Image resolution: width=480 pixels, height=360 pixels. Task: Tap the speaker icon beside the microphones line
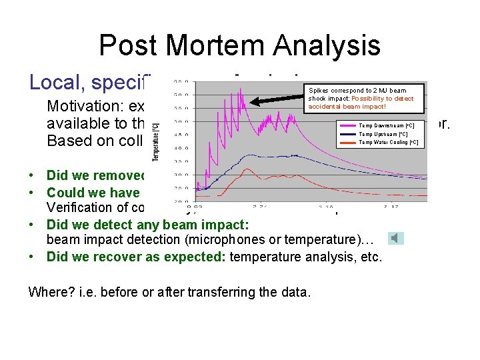pyautogui.click(x=397, y=238)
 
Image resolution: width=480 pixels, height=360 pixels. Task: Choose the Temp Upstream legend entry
pyautogui.click(x=383, y=134)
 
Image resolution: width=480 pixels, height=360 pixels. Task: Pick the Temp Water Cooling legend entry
pyautogui.click(x=388, y=142)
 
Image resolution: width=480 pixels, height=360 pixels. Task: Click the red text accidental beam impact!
pyautogui.click(x=347, y=107)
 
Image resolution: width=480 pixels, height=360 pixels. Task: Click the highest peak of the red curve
pyautogui.click(x=246, y=169)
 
